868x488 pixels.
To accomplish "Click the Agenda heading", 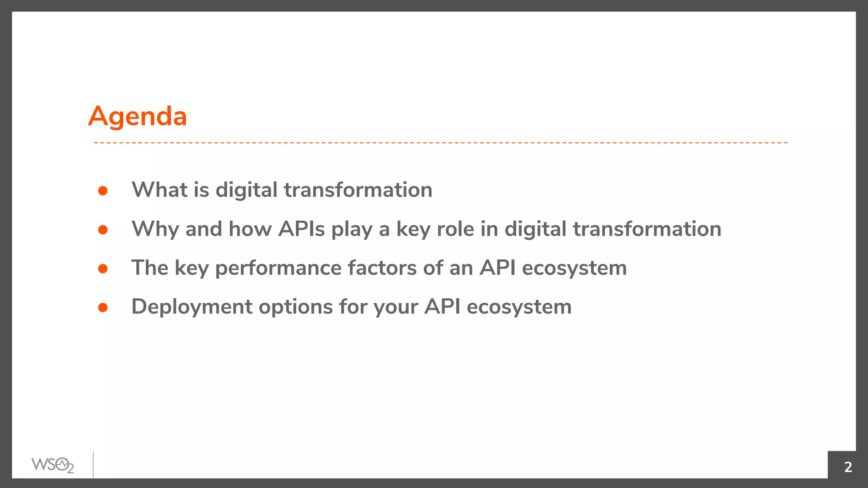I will (x=137, y=116).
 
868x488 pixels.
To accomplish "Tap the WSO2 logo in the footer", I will (x=53, y=465).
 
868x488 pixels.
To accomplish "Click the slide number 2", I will (x=848, y=467).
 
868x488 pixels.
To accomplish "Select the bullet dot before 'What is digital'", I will (x=103, y=191).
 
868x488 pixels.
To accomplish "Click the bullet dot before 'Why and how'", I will (x=103, y=230).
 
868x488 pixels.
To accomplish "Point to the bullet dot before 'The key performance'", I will (x=103, y=269).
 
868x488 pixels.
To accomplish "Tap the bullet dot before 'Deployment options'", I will (x=103, y=308).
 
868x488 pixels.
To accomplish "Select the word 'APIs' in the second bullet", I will (x=301, y=229).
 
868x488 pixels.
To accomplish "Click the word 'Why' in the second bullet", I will (x=155, y=229).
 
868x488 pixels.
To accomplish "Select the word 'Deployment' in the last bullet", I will (x=192, y=307).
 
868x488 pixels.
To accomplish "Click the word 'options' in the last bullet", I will (x=295, y=307).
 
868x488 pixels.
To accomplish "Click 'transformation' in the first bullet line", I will (x=358, y=190).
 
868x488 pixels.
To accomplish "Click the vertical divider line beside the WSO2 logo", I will (x=93, y=464).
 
